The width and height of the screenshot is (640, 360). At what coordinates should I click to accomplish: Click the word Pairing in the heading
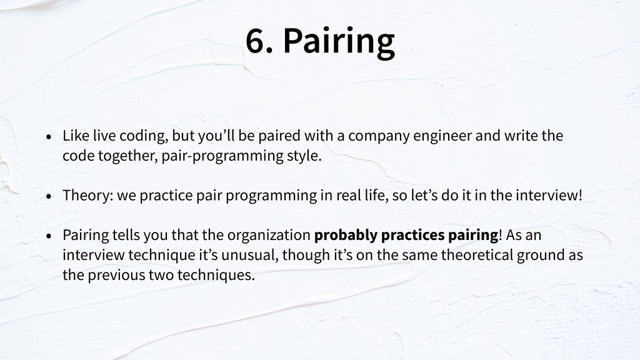pyautogui.click(x=339, y=42)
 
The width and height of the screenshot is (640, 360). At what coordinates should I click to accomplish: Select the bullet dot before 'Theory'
pyautogui.click(x=49, y=196)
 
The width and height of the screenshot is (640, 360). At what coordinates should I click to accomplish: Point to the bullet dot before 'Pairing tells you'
pyautogui.click(x=49, y=236)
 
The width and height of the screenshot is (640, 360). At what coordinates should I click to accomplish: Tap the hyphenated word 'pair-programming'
pyautogui.click(x=222, y=156)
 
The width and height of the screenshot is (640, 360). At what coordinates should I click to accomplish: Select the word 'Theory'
pyautogui.click(x=85, y=196)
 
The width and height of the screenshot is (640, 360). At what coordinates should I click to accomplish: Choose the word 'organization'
pyautogui.click(x=269, y=236)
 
